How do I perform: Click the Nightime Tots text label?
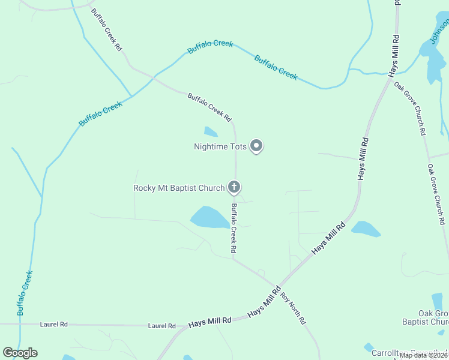(x=220, y=146)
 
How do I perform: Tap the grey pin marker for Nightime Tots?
(x=256, y=146)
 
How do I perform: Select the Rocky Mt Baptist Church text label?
(x=179, y=188)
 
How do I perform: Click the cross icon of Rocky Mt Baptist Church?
(x=234, y=188)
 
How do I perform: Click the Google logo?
(x=20, y=353)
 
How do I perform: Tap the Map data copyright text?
(x=423, y=355)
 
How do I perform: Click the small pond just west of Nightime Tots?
(x=211, y=131)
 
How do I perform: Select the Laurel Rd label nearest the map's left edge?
(x=54, y=324)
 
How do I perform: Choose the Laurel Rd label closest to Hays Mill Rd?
(x=163, y=326)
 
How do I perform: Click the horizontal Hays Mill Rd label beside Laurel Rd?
(x=209, y=322)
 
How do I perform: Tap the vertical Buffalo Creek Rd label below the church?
(x=234, y=228)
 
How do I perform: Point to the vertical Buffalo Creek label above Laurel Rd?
(x=25, y=293)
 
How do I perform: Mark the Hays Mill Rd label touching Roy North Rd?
(x=265, y=304)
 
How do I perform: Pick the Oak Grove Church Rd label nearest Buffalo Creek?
(x=411, y=107)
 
